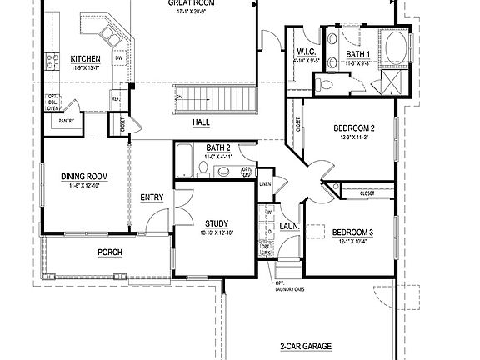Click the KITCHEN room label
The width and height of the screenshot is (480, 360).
click(x=86, y=58)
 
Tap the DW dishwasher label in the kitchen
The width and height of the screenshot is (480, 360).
click(x=120, y=58)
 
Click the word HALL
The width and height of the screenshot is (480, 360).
click(x=201, y=122)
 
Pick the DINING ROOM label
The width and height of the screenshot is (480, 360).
click(x=85, y=176)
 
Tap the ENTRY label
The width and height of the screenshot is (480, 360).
click(x=152, y=197)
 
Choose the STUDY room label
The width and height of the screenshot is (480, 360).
click(x=217, y=223)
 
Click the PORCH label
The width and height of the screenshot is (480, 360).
click(x=110, y=252)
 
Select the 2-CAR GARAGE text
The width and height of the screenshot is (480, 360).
click(x=306, y=345)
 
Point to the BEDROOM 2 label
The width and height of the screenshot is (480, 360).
click(x=354, y=127)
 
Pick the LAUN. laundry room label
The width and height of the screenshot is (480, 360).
click(x=289, y=225)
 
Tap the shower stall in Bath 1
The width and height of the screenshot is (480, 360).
click(x=388, y=81)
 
